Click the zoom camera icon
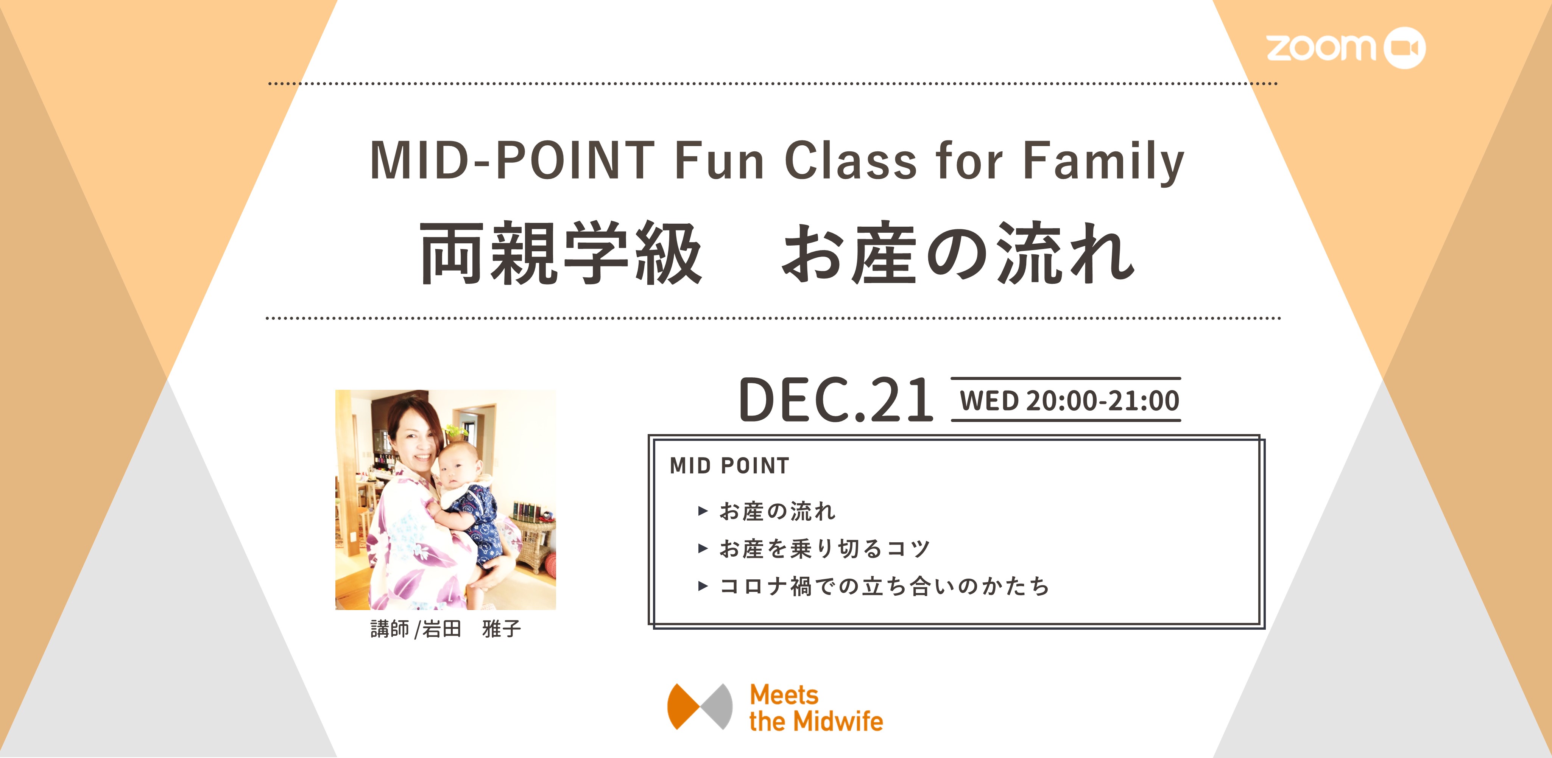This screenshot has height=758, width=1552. tap(1404, 48)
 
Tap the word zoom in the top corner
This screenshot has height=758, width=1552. tap(1321, 48)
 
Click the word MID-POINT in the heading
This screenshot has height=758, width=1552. tap(512, 160)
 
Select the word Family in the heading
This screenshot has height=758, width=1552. tap(1104, 162)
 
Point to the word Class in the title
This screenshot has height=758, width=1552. tap(850, 160)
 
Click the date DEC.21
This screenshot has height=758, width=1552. tap(836, 400)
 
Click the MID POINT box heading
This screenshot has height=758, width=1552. tap(729, 466)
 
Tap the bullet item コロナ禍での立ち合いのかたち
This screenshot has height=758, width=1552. tap(884, 586)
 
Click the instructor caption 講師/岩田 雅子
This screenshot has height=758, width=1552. tap(445, 629)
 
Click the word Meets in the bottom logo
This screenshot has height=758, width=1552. tap(784, 695)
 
